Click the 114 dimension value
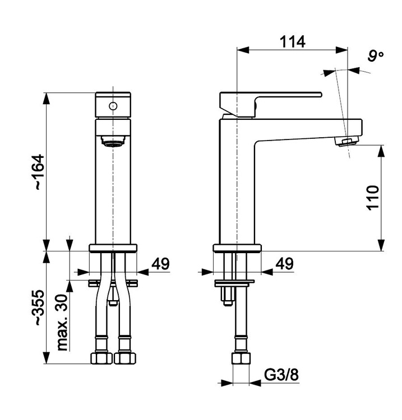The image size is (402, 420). coord(292,42)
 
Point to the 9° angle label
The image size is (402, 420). coord(376,55)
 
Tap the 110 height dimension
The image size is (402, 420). coord(373,198)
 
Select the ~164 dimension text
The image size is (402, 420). coord(37,172)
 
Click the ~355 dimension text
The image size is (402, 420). coord(37,307)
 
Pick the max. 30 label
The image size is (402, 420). coord(62,323)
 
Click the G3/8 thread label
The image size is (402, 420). coord(281,375)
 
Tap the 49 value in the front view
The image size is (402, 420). coord(161,264)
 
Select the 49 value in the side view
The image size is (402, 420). coord(284,264)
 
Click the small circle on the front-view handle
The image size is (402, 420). coord(113,106)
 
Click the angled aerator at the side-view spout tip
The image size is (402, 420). coord(346,141)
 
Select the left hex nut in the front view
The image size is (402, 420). coord(101,358)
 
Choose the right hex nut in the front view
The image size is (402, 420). coord(125,358)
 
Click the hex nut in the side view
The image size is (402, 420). coord(241,358)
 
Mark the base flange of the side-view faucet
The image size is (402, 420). coord(237,248)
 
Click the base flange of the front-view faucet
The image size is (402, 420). coord(113,248)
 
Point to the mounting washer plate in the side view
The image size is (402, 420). coord(234,283)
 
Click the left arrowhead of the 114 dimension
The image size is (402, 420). coord(243,50)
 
